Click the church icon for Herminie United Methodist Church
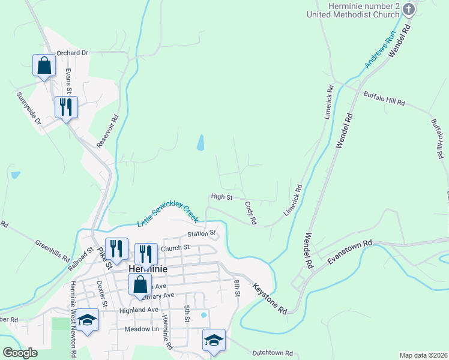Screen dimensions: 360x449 coord(409,9)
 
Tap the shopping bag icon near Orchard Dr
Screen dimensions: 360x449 coord(44,65)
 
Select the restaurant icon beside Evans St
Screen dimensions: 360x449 coord(65,107)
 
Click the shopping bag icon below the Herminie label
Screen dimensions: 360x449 coord(140,285)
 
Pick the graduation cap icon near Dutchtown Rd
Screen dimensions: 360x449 coord(214,340)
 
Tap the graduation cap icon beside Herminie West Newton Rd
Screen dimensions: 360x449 coord(88,319)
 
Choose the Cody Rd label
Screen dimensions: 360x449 coord(250,213)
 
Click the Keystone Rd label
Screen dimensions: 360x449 coord(270,298)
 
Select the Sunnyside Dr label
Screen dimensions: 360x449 coord(28,108)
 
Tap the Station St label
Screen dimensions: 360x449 coord(200,233)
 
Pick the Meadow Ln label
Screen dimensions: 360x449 coord(141,329)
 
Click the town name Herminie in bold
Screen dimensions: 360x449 coord(147,269)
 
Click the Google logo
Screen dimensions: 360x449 coord(20,353)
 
